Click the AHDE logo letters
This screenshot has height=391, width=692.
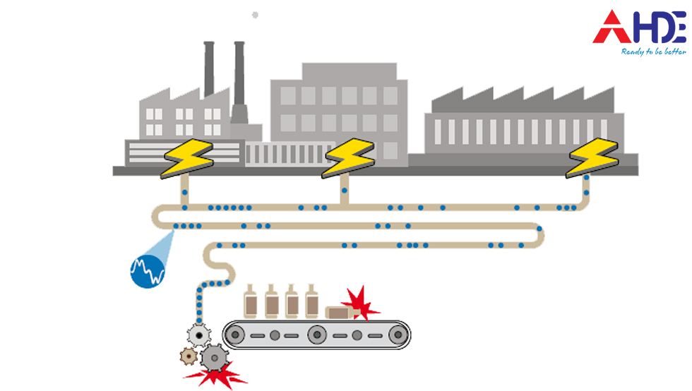[x=639, y=28]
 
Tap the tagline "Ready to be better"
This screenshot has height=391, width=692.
[x=653, y=52]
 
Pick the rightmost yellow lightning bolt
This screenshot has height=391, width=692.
[x=592, y=158]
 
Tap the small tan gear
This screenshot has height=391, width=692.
[x=188, y=356]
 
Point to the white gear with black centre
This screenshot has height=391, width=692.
[x=200, y=334]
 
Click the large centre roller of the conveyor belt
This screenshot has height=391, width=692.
[x=316, y=335]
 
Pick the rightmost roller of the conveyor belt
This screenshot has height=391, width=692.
[x=399, y=335]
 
